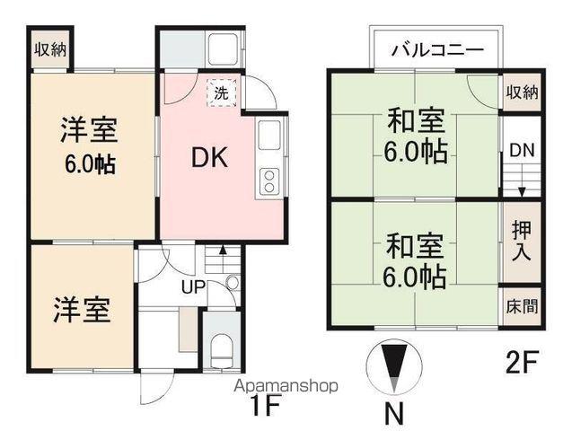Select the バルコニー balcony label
(437, 50)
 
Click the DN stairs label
(522, 151)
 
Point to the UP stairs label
(195, 288)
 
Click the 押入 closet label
(522, 240)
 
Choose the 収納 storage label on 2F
(522, 92)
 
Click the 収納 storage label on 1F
(50, 50)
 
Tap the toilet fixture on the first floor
(221, 346)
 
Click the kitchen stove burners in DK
(268, 180)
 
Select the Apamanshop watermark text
(286, 387)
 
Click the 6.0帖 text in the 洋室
(88, 165)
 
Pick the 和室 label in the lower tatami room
(415, 243)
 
